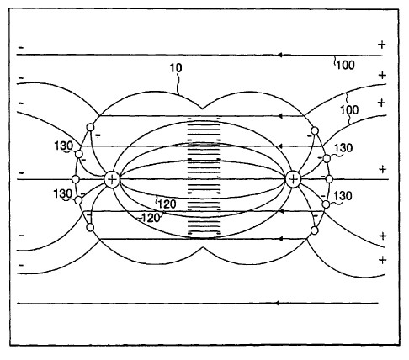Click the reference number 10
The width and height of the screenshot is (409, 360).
[176, 68]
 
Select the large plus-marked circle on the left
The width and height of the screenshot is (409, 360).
[112, 179]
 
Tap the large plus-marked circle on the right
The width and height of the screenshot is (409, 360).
[293, 179]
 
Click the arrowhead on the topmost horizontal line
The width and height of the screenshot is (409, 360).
[279, 55]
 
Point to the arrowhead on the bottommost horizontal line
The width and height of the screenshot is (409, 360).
[277, 303]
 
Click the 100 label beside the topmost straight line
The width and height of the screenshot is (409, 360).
[346, 65]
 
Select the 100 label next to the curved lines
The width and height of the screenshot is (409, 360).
[349, 109]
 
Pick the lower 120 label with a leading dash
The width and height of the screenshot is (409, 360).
[149, 218]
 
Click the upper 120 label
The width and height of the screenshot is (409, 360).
[167, 204]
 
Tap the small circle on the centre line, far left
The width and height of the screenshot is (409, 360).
[76, 179]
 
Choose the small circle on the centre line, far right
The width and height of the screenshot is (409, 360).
[329, 179]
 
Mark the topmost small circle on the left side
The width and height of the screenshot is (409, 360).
[90, 127]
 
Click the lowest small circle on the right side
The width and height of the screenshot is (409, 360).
[315, 230]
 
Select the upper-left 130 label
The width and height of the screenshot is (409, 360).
[64, 146]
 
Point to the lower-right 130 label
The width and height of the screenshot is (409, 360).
[343, 196]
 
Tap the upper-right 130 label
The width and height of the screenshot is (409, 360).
[343, 148]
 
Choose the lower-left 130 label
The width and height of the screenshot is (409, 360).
[63, 193]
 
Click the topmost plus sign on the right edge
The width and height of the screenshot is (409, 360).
[382, 45]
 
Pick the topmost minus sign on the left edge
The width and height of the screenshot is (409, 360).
[21, 48]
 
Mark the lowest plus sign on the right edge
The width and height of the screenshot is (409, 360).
[382, 260]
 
